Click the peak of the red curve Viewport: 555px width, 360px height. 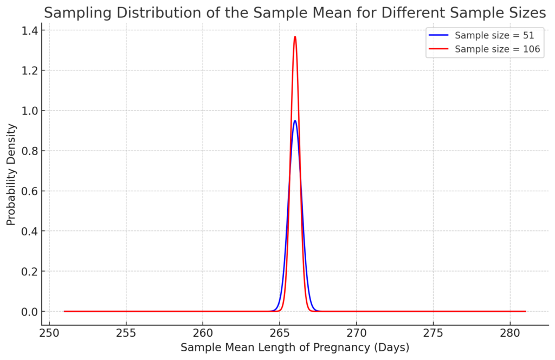(295, 37)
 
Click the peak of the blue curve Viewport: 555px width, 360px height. (295, 121)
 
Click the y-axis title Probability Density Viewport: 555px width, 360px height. (11, 175)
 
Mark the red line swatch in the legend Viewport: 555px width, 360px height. (438, 49)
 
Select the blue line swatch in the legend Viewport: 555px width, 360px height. (438, 36)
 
